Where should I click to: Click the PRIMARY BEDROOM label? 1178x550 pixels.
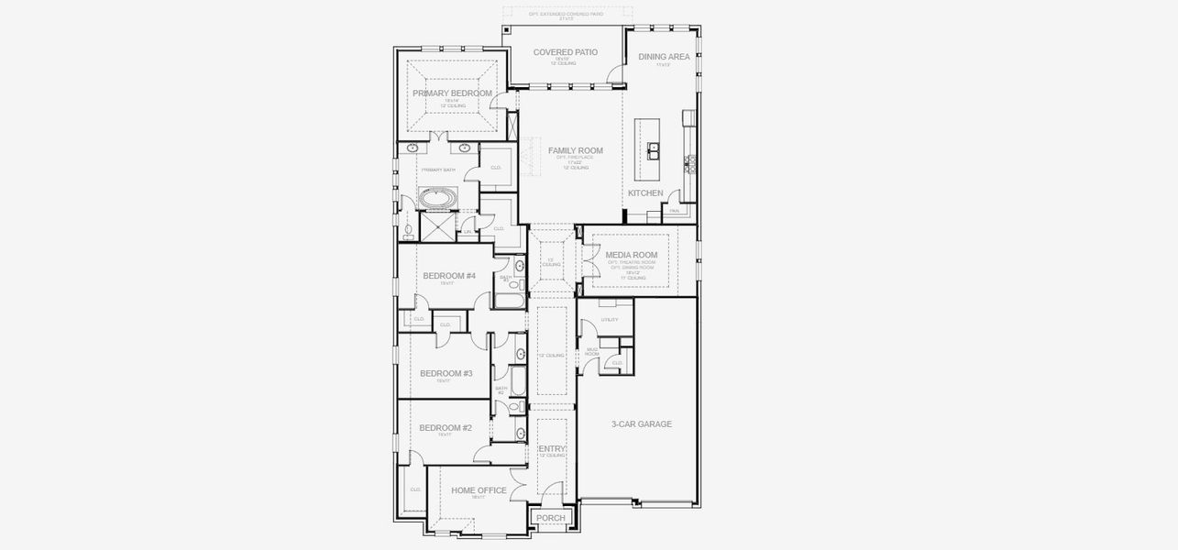452,93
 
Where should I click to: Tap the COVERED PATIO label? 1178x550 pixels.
565,52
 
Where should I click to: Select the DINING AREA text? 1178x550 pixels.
664,57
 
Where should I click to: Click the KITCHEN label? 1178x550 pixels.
645,193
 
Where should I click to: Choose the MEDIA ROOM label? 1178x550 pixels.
632,255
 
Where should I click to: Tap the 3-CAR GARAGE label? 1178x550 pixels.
642,424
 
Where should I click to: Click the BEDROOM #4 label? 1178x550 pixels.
449,276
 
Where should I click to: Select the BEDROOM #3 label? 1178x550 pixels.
446,373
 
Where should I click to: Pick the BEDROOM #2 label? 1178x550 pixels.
446,428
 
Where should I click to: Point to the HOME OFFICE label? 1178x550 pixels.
479,490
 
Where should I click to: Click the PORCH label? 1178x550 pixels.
551,519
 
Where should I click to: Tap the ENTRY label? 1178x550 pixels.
552,449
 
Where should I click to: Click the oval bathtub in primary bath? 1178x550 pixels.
438,197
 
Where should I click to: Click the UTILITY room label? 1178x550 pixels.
610,320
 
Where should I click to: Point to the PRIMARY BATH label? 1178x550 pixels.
438,170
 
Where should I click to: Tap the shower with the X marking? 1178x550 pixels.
437,225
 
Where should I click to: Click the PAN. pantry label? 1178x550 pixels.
674,211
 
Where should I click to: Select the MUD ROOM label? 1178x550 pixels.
592,351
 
